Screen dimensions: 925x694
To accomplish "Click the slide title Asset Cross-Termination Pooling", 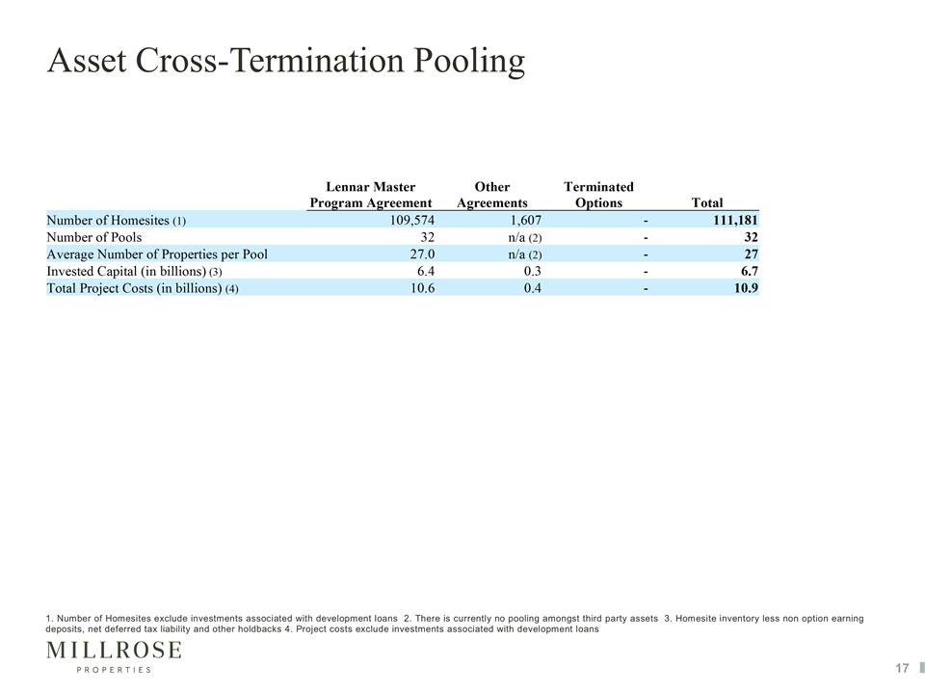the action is pyautogui.click(x=286, y=62).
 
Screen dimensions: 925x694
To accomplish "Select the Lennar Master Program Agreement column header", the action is pyautogui.click(x=371, y=195).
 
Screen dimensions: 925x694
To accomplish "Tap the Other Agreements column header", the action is pyautogui.click(x=492, y=195).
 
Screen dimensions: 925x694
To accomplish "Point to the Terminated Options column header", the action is pyautogui.click(x=598, y=195).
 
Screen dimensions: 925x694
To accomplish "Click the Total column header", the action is pyautogui.click(x=706, y=203).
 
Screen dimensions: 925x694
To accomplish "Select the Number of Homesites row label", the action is pyautogui.click(x=117, y=220).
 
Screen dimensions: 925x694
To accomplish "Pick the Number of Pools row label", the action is pyautogui.click(x=94, y=237).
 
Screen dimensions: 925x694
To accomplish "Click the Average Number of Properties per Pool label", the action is pyautogui.click(x=157, y=254).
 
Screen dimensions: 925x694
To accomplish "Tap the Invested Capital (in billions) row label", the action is pyautogui.click(x=135, y=272).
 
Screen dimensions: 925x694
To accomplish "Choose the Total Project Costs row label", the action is pyautogui.click(x=143, y=288).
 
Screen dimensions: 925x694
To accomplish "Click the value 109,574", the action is pyautogui.click(x=412, y=221).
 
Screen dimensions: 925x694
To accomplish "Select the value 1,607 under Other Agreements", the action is pyautogui.click(x=526, y=221).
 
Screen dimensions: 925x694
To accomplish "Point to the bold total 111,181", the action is pyautogui.click(x=735, y=221).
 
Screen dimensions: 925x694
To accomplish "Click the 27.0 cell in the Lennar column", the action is pyautogui.click(x=422, y=254).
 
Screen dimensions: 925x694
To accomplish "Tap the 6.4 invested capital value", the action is pyautogui.click(x=426, y=272).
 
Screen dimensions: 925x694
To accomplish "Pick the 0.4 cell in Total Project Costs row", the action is pyautogui.click(x=533, y=288).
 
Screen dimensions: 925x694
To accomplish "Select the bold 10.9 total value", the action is pyautogui.click(x=746, y=288).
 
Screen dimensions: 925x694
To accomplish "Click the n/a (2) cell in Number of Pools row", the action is pyautogui.click(x=525, y=238).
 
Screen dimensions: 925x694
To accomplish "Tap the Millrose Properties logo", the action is pyautogui.click(x=114, y=656).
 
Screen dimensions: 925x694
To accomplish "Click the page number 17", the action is pyautogui.click(x=902, y=668).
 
